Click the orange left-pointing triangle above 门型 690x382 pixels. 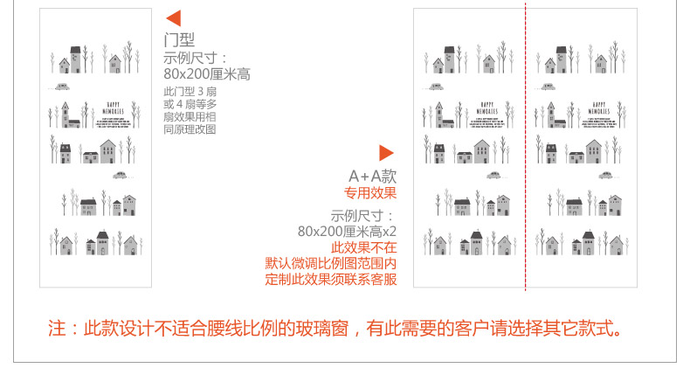[173, 18]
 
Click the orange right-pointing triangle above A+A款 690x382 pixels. [386, 153]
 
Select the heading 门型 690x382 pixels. [179, 40]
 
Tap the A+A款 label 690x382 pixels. [373, 176]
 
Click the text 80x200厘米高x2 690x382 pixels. [347, 231]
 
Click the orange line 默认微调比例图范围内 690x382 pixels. [331, 263]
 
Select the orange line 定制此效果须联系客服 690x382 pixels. [331, 280]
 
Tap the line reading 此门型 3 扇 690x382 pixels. [190, 92]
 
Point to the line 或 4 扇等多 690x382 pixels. [190, 104]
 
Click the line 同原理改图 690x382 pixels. [190, 129]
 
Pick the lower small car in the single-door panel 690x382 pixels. [120, 175]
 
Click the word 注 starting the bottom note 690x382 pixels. [57, 330]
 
